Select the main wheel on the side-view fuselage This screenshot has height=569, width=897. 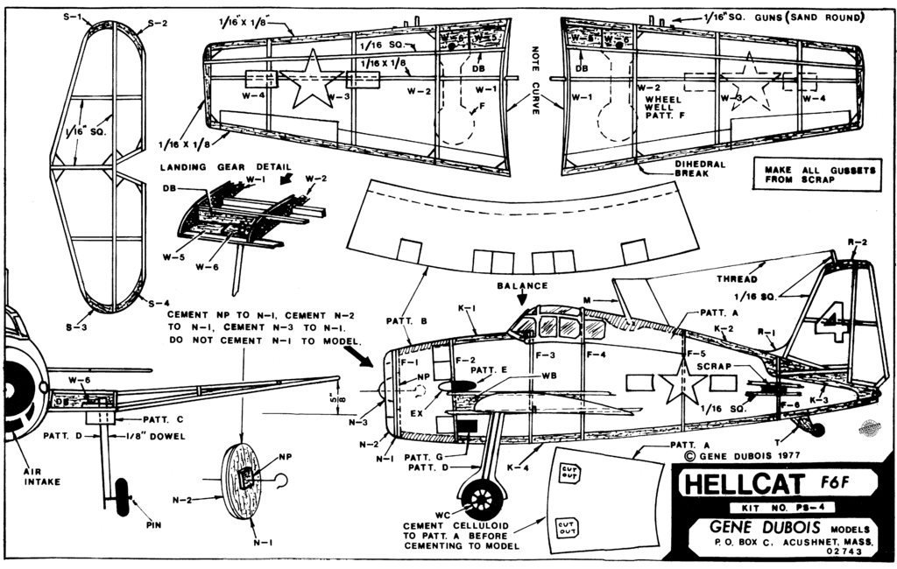click(482, 500)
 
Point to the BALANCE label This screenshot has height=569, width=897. click(523, 285)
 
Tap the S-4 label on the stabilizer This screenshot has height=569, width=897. click(159, 303)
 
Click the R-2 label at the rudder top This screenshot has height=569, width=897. click(858, 242)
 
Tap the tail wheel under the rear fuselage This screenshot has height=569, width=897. click(817, 429)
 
